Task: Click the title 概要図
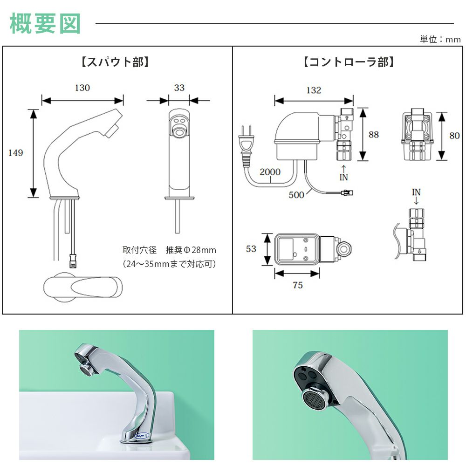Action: (45, 23)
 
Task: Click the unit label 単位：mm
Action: (440, 39)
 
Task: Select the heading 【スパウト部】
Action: (115, 62)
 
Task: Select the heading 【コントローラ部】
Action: (349, 62)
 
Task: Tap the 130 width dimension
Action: (82, 88)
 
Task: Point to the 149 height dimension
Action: (15, 153)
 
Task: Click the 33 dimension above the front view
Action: (179, 88)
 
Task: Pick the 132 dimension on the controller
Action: (313, 90)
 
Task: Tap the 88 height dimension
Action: (374, 135)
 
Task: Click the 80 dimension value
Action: (454, 136)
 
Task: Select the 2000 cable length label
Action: (270, 172)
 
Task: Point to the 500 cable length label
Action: (296, 195)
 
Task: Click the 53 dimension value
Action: (251, 249)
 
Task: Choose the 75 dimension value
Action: (297, 285)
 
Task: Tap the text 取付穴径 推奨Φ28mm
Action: (169, 250)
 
